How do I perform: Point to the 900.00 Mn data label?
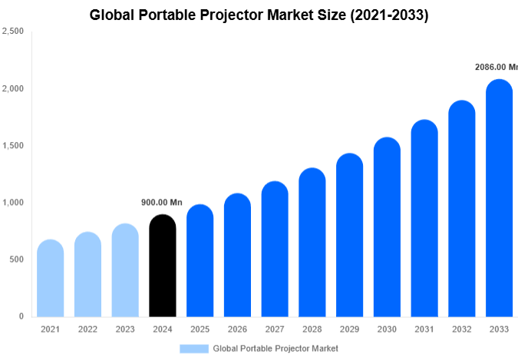pos(162,203)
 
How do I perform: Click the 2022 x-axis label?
pos(87,329)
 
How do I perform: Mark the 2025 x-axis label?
pos(200,329)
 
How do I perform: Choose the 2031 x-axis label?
pos(424,329)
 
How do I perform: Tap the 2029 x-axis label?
pos(349,329)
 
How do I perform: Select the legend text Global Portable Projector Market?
pos(275,348)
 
